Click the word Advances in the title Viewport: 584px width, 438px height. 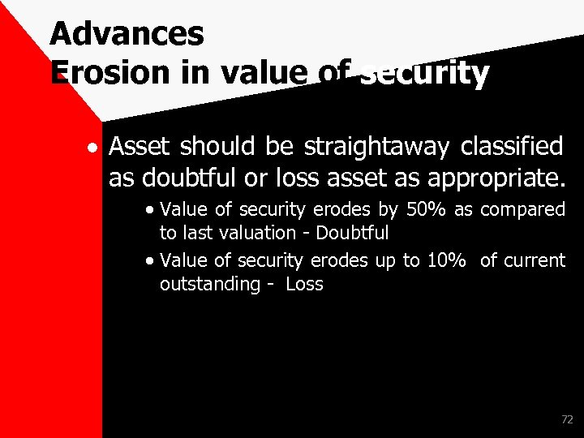coord(127,34)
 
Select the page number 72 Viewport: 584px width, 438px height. coord(566,420)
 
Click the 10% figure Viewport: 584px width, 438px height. coord(447,260)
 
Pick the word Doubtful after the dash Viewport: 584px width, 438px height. coord(353,233)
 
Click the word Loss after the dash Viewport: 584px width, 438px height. coord(304,284)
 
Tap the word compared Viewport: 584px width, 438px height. coord(523,210)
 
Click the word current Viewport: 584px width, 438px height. coord(535,260)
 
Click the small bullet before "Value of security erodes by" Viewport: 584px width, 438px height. coord(151,210)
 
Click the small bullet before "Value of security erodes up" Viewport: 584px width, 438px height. coord(151,261)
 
